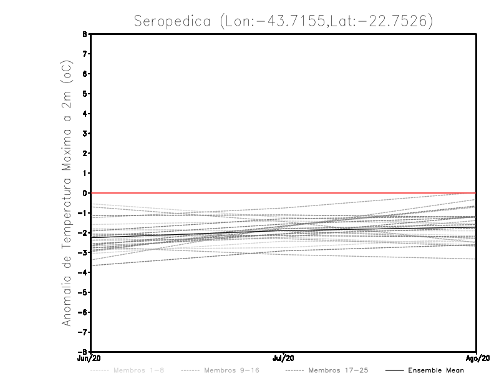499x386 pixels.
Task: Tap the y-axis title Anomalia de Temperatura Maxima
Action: [x=65, y=194]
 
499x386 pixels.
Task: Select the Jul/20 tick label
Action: [x=284, y=358]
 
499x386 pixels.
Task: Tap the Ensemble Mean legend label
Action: [x=436, y=370]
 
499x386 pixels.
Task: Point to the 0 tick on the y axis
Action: [x=84, y=193]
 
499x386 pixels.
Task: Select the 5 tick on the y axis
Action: [x=84, y=94]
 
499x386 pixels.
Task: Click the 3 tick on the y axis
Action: [x=84, y=134]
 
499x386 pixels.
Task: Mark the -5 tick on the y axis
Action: [x=83, y=292]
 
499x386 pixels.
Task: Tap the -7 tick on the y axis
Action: [x=83, y=332]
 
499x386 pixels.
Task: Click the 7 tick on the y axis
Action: [x=84, y=54]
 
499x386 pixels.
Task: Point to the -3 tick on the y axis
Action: [x=83, y=252]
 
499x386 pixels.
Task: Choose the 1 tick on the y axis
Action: [x=84, y=173]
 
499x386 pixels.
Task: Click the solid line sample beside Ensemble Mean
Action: [x=394, y=370]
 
